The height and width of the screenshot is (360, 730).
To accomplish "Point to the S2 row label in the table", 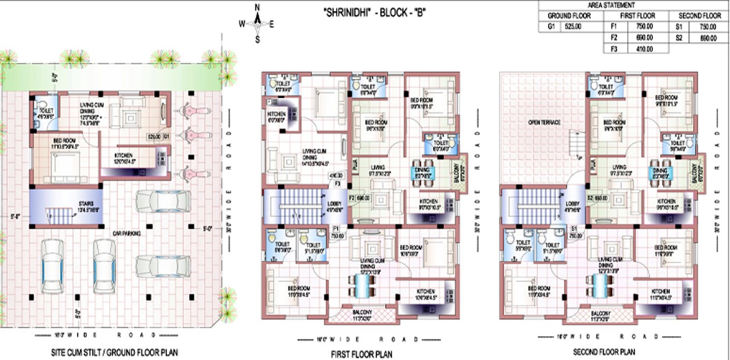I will pos(679,38).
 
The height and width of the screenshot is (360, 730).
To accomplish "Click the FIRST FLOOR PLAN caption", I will pos(361,354).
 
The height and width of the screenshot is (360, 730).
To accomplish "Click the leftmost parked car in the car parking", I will pos(52,268).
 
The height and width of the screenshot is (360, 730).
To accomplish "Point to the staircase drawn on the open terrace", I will pos(576,144).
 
